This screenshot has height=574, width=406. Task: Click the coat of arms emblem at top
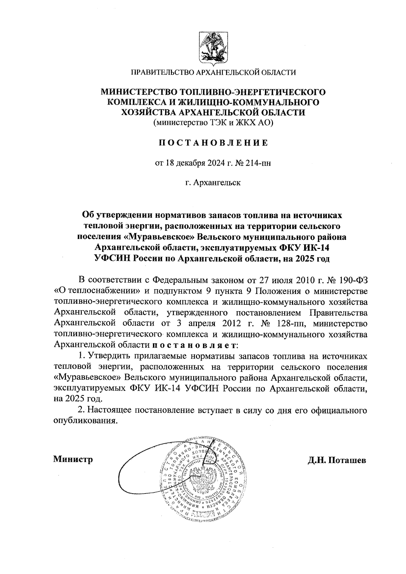coord(213,48)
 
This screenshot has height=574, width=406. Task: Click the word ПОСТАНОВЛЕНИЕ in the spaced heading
coord(213,143)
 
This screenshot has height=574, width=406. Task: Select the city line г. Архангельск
coord(213,183)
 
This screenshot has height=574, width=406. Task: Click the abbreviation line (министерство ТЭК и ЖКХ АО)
coord(213,123)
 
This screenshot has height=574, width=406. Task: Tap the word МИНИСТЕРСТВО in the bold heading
coord(140,92)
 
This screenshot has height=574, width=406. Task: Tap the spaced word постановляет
coord(195,345)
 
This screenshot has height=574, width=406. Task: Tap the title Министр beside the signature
coord(73,460)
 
